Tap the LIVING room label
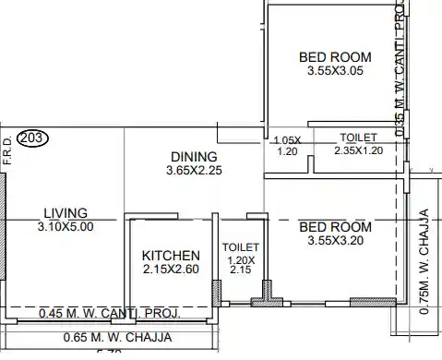(66, 211)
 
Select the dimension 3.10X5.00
(66, 226)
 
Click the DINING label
(194, 157)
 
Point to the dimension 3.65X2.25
(194, 171)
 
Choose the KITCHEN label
(171, 256)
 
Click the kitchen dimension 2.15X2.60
(171, 270)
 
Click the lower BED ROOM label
(336, 227)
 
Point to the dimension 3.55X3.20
(336, 242)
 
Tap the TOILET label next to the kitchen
(241, 247)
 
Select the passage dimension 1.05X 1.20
(288, 145)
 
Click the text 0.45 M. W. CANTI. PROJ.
(110, 314)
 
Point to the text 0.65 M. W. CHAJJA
(110, 336)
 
